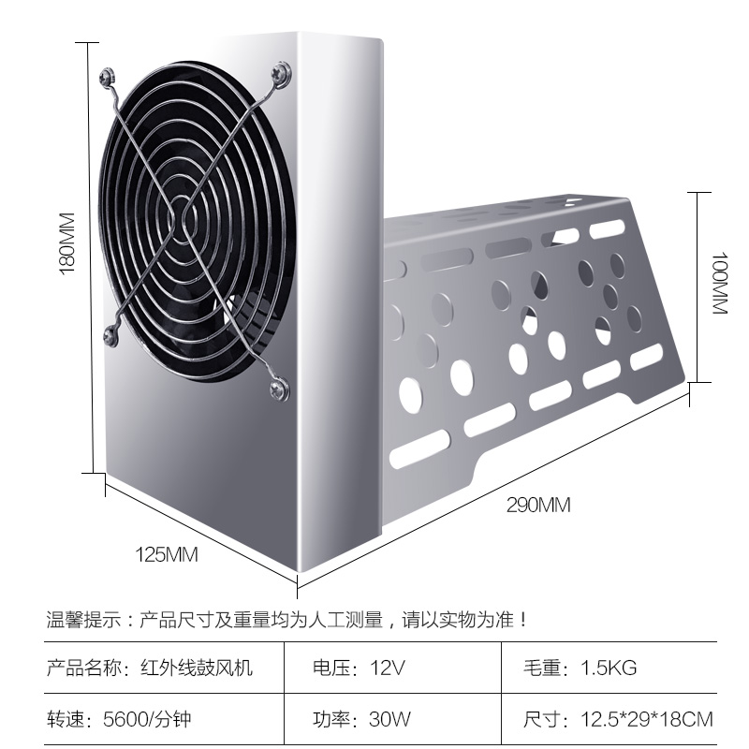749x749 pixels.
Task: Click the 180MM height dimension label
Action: [66, 242]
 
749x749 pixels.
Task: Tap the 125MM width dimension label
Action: [167, 554]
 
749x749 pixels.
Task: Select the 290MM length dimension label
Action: [538, 506]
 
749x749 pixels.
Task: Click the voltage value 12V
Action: [387, 668]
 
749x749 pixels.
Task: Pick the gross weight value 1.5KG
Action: [609, 668]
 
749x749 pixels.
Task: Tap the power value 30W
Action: [390, 720]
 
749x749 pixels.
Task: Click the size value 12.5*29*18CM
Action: [646, 720]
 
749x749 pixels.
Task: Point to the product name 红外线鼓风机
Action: [196, 668]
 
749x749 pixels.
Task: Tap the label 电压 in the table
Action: [330, 668]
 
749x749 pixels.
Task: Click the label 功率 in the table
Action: [330, 720]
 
